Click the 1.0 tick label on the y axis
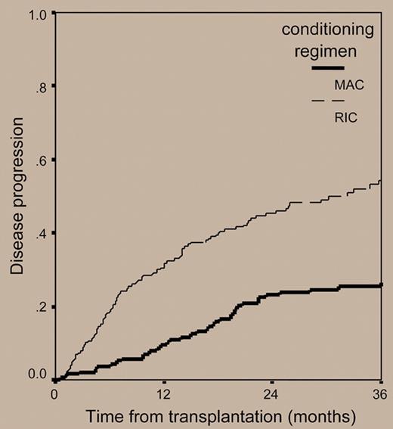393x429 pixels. [38, 14]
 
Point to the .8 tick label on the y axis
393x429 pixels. [41, 87]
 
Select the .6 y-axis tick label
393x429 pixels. [41, 160]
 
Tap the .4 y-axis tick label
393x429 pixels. [41, 233]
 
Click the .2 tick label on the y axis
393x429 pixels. [41, 306]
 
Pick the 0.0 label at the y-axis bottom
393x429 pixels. [38, 373]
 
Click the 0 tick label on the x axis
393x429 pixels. [54, 394]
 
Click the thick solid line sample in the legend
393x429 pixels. [328, 69]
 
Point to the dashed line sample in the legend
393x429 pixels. [328, 101]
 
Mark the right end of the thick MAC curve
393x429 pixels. [382, 285]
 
